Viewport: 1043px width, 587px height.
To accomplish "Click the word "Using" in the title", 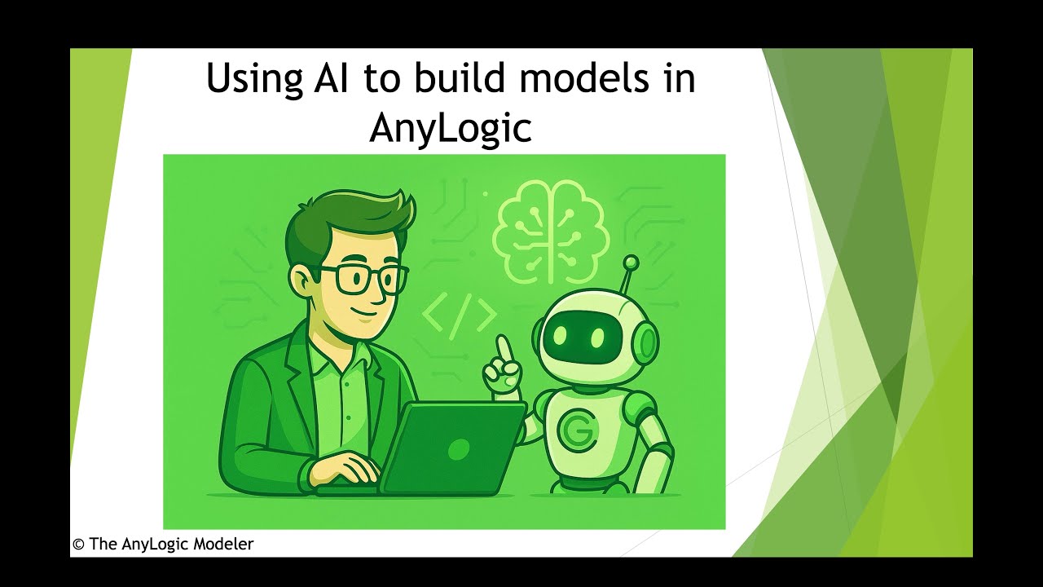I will coord(253,80).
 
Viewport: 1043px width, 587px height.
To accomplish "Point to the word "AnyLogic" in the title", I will coord(450,127).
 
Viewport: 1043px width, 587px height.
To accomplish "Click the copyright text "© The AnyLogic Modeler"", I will coord(163,544).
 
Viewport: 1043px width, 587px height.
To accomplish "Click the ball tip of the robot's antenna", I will coord(630,263).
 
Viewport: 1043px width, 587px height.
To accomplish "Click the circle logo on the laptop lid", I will coord(459,448).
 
